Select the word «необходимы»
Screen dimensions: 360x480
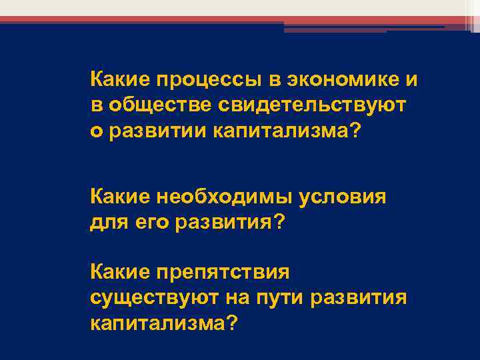(221, 197)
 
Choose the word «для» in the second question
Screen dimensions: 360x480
(105, 221)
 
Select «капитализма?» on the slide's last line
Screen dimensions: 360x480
(163, 321)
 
